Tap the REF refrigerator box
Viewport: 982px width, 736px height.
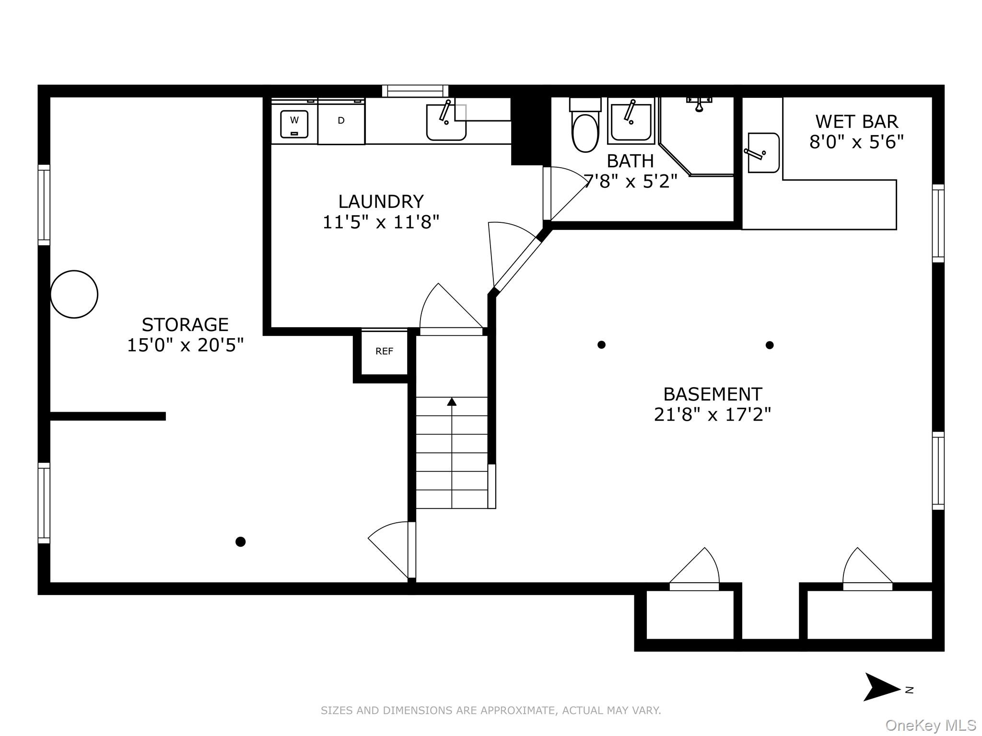pyautogui.click(x=384, y=352)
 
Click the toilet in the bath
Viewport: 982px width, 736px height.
pyautogui.click(x=585, y=125)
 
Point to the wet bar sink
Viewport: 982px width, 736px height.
pyautogui.click(x=763, y=153)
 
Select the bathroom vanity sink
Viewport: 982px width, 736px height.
pyautogui.click(x=631, y=121)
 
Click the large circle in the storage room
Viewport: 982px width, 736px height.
pyautogui.click(x=74, y=294)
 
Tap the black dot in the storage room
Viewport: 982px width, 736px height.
pyautogui.click(x=241, y=542)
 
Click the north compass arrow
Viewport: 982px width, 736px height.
pyautogui.click(x=881, y=687)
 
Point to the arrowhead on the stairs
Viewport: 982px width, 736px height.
pyautogui.click(x=452, y=402)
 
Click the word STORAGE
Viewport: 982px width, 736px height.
pyautogui.click(x=185, y=325)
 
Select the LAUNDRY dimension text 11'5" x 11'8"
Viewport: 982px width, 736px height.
pyautogui.click(x=381, y=222)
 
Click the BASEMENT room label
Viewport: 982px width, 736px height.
pyautogui.click(x=713, y=394)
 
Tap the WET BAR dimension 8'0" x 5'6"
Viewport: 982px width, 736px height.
pyautogui.click(x=856, y=142)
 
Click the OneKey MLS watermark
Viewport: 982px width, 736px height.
pyautogui.click(x=930, y=725)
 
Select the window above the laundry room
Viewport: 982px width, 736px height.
pyautogui.click(x=415, y=91)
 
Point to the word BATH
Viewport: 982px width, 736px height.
pyautogui.click(x=630, y=161)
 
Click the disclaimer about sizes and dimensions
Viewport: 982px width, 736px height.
pyautogui.click(x=491, y=711)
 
